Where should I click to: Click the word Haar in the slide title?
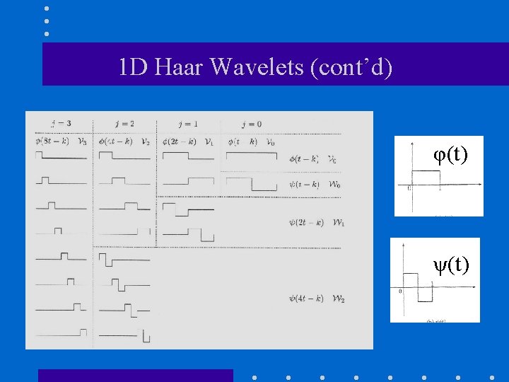180,68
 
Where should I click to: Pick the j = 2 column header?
123,124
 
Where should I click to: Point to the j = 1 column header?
187,124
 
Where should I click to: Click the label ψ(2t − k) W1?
316,222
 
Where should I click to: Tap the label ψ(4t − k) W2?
316,298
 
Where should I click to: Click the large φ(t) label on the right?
450,154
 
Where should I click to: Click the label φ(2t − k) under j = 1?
179,141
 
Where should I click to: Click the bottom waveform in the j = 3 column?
61,332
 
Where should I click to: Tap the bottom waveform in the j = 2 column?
125,336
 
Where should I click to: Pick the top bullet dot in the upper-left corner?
46,8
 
